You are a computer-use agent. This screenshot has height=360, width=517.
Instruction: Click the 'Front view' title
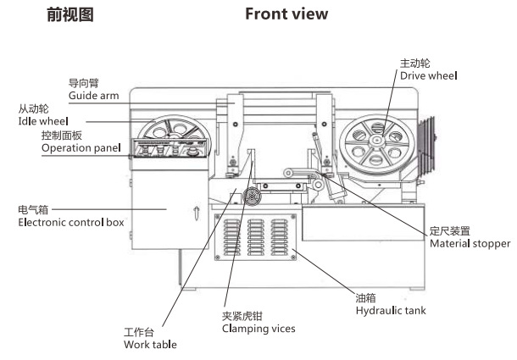point(286,14)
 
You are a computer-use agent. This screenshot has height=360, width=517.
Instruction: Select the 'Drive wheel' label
point(428,75)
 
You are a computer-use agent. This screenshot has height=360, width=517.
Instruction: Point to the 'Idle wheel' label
point(43,122)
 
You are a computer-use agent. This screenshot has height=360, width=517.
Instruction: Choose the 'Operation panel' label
point(81,148)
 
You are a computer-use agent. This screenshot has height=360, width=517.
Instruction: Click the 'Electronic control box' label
point(71,222)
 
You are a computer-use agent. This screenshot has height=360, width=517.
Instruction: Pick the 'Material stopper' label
point(470,243)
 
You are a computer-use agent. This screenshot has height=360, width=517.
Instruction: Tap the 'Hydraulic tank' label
point(390,311)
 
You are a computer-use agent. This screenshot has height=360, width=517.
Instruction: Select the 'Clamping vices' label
point(258,328)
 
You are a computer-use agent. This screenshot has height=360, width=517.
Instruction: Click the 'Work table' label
point(150,344)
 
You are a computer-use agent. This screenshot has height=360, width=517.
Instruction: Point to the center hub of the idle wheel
point(176,136)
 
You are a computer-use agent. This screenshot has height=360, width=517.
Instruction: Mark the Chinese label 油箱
point(366,298)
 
